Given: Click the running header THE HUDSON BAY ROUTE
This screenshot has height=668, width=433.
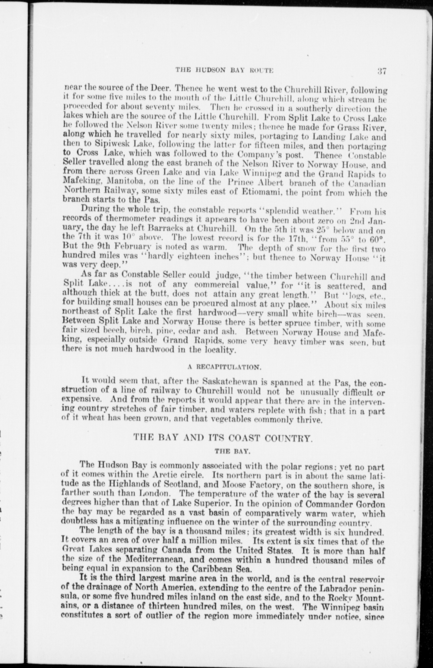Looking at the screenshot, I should pyautogui.click(x=224, y=70).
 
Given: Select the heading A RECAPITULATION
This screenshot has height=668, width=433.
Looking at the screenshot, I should pyautogui.click(x=225, y=368).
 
